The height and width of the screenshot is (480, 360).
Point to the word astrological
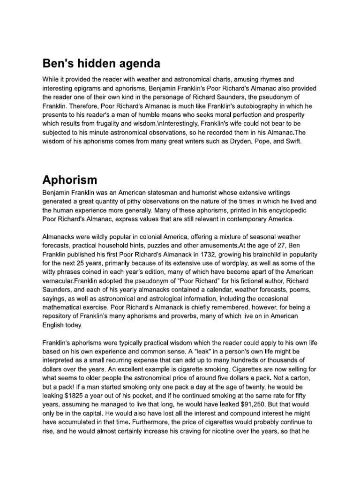(173, 299)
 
